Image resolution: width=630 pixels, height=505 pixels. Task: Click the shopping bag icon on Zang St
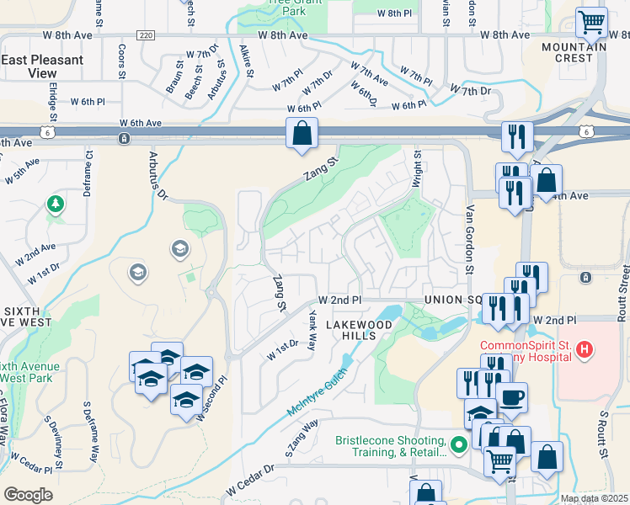pyautogui.click(x=302, y=133)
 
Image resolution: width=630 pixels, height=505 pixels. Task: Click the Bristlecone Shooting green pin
pyautogui.click(x=459, y=444)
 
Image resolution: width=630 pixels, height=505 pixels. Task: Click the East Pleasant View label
pyautogui.click(x=42, y=66)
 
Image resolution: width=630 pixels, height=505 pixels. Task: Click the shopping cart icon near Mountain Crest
pyautogui.click(x=592, y=22)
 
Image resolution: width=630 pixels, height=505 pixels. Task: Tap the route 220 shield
pyautogui.click(x=147, y=35)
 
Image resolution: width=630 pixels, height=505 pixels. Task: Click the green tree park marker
pyautogui.click(x=55, y=204)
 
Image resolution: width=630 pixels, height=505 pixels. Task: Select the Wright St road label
pyautogui.click(x=416, y=169)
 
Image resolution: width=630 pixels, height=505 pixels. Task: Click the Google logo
pyautogui.click(x=27, y=495)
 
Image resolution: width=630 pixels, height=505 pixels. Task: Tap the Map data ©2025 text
pyautogui.click(x=594, y=498)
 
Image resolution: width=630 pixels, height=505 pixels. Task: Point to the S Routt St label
pyautogui.click(x=603, y=434)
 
